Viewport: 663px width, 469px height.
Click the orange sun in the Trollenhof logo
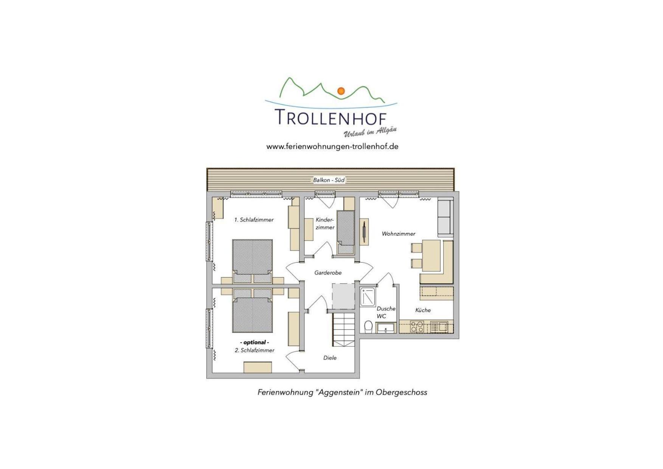point(341,91)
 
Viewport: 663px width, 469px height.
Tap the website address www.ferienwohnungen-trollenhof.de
point(332,146)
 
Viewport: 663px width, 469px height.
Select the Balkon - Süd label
point(329,180)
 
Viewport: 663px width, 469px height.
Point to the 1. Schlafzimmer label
point(254,220)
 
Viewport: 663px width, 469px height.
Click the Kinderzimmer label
point(325,224)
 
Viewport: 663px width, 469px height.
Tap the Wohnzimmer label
point(398,234)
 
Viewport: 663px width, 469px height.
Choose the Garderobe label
point(328,273)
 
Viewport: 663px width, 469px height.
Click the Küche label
point(423,310)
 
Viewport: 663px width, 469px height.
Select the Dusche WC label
point(386,312)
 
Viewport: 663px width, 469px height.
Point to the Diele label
point(330,358)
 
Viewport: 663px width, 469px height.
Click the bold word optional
point(255,342)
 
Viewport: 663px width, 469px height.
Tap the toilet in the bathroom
point(368,326)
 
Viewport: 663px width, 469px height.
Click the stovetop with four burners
point(417,327)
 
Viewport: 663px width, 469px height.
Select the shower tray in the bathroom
point(367,297)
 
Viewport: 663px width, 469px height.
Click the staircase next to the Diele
point(343,329)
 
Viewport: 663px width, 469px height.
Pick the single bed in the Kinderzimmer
point(345,232)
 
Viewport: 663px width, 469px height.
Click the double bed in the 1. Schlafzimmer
point(252,261)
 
